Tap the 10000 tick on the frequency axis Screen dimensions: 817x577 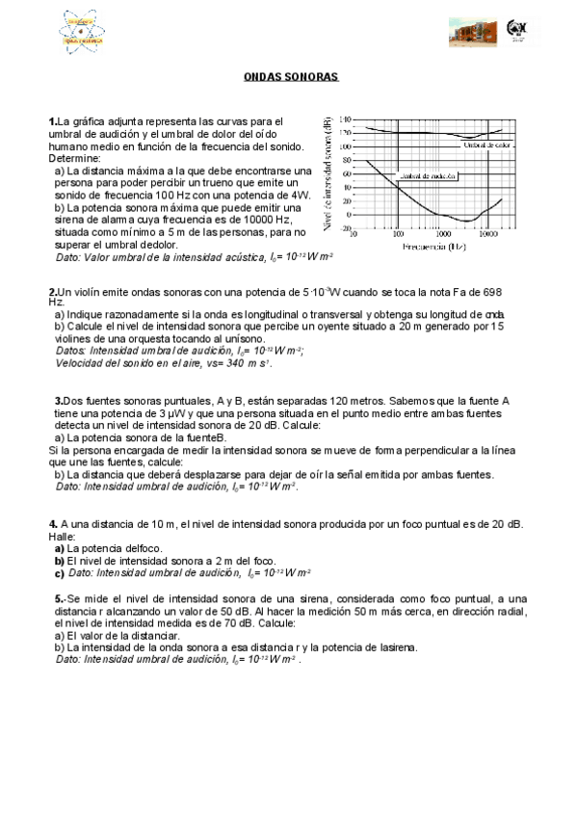click(x=488, y=234)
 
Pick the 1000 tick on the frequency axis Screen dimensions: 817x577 click(x=442, y=234)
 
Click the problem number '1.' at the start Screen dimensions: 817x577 click(x=53, y=120)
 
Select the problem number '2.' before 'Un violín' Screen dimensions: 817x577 click(x=53, y=291)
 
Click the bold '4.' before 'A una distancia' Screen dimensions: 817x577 click(x=53, y=524)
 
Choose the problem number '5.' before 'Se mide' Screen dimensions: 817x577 click(x=60, y=598)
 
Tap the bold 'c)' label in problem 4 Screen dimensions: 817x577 click(x=59, y=572)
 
